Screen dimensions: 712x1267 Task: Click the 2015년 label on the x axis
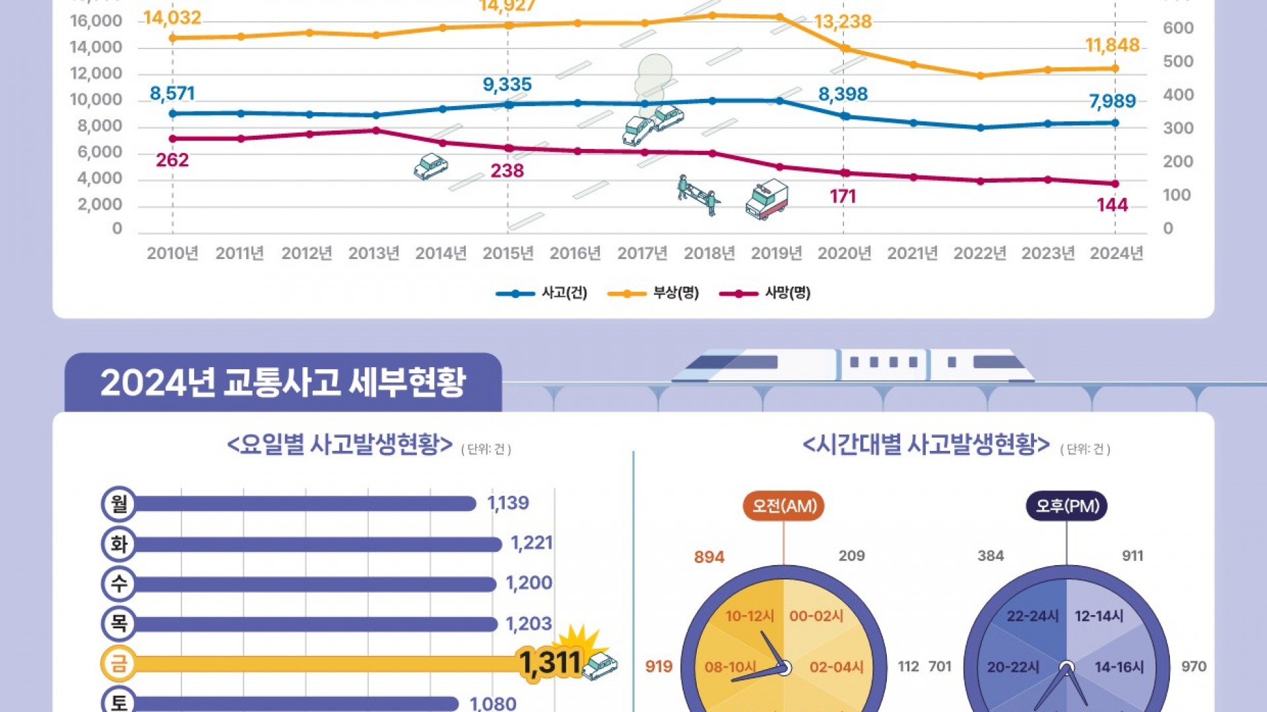tap(507, 253)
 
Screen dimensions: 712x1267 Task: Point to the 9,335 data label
tap(507, 85)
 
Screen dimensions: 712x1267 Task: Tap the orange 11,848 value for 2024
tap(1112, 45)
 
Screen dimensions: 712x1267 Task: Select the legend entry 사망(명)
tap(765, 293)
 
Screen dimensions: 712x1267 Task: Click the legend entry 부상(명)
tap(653, 293)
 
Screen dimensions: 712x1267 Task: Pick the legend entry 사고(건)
tap(542, 293)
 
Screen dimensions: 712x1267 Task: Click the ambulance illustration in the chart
tap(767, 198)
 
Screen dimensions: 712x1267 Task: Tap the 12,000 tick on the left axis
tap(96, 73)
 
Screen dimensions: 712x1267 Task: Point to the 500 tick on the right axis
tap(1178, 61)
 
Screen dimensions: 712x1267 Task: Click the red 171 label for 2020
tap(843, 196)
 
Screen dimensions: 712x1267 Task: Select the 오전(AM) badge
tap(784, 506)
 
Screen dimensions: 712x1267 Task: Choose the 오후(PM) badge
tap(1066, 506)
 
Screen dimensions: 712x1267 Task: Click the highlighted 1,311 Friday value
tap(550, 663)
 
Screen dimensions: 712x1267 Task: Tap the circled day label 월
tap(119, 504)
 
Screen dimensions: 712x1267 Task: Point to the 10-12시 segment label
tap(750, 616)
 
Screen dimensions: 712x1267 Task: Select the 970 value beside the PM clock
tap(1193, 667)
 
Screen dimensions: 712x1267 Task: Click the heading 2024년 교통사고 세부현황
tap(283, 382)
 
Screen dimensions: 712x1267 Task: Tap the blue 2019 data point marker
tap(779, 101)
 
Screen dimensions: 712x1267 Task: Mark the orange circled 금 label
tap(119, 663)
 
